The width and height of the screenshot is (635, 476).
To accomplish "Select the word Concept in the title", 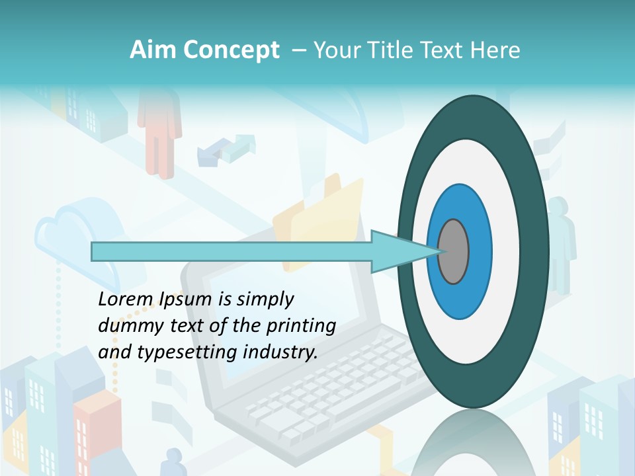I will (231, 50).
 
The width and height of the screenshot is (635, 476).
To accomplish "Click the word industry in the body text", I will (278, 352).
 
